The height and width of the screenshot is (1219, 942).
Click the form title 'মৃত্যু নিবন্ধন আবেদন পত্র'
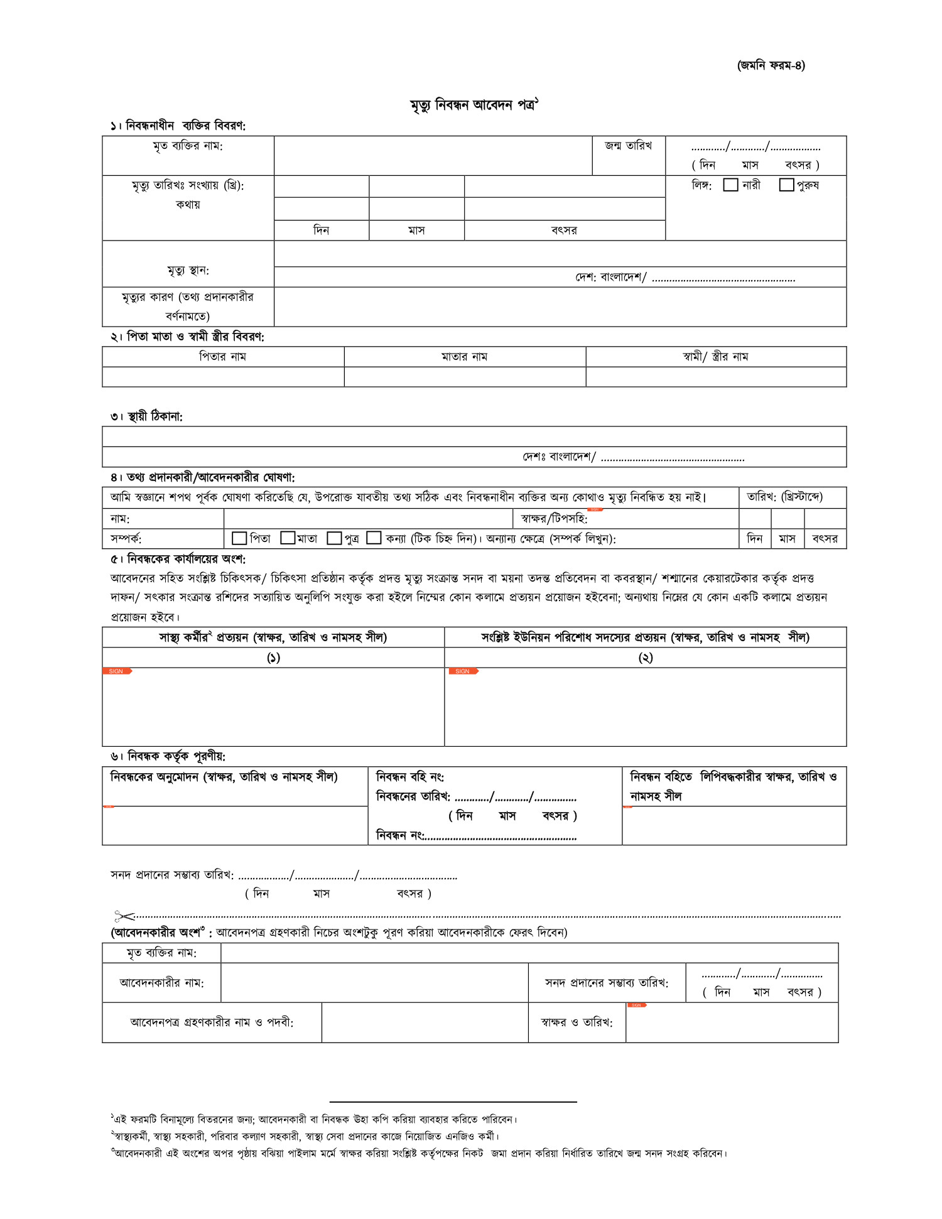point(474,105)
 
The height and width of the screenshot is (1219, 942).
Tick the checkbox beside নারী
point(730,185)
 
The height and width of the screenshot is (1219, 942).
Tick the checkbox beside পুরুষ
point(786,185)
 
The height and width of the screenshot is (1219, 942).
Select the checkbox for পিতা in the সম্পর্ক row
point(239,538)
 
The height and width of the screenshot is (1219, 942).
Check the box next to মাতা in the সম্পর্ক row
point(288,538)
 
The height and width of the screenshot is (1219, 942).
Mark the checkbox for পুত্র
point(335,538)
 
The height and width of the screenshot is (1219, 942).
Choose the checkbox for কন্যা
point(374,538)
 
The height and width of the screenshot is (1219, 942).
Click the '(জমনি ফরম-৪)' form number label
point(771,65)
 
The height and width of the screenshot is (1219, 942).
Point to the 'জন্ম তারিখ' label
point(628,146)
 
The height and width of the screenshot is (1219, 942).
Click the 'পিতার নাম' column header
point(222,357)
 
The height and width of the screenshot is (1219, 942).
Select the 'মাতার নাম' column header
point(464,357)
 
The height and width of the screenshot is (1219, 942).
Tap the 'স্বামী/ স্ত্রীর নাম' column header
point(715,357)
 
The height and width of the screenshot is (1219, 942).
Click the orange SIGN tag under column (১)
point(117,671)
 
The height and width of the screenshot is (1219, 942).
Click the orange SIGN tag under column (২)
point(463,671)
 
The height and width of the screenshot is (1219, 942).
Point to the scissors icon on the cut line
point(124,916)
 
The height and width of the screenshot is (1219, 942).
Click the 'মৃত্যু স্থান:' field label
point(188,271)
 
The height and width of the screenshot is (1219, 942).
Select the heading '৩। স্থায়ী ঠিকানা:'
point(146,416)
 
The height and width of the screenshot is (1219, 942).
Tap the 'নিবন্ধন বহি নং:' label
point(409,777)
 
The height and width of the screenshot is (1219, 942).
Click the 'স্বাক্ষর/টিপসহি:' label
point(554,519)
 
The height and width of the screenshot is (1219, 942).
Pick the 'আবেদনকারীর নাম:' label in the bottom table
point(161,983)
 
